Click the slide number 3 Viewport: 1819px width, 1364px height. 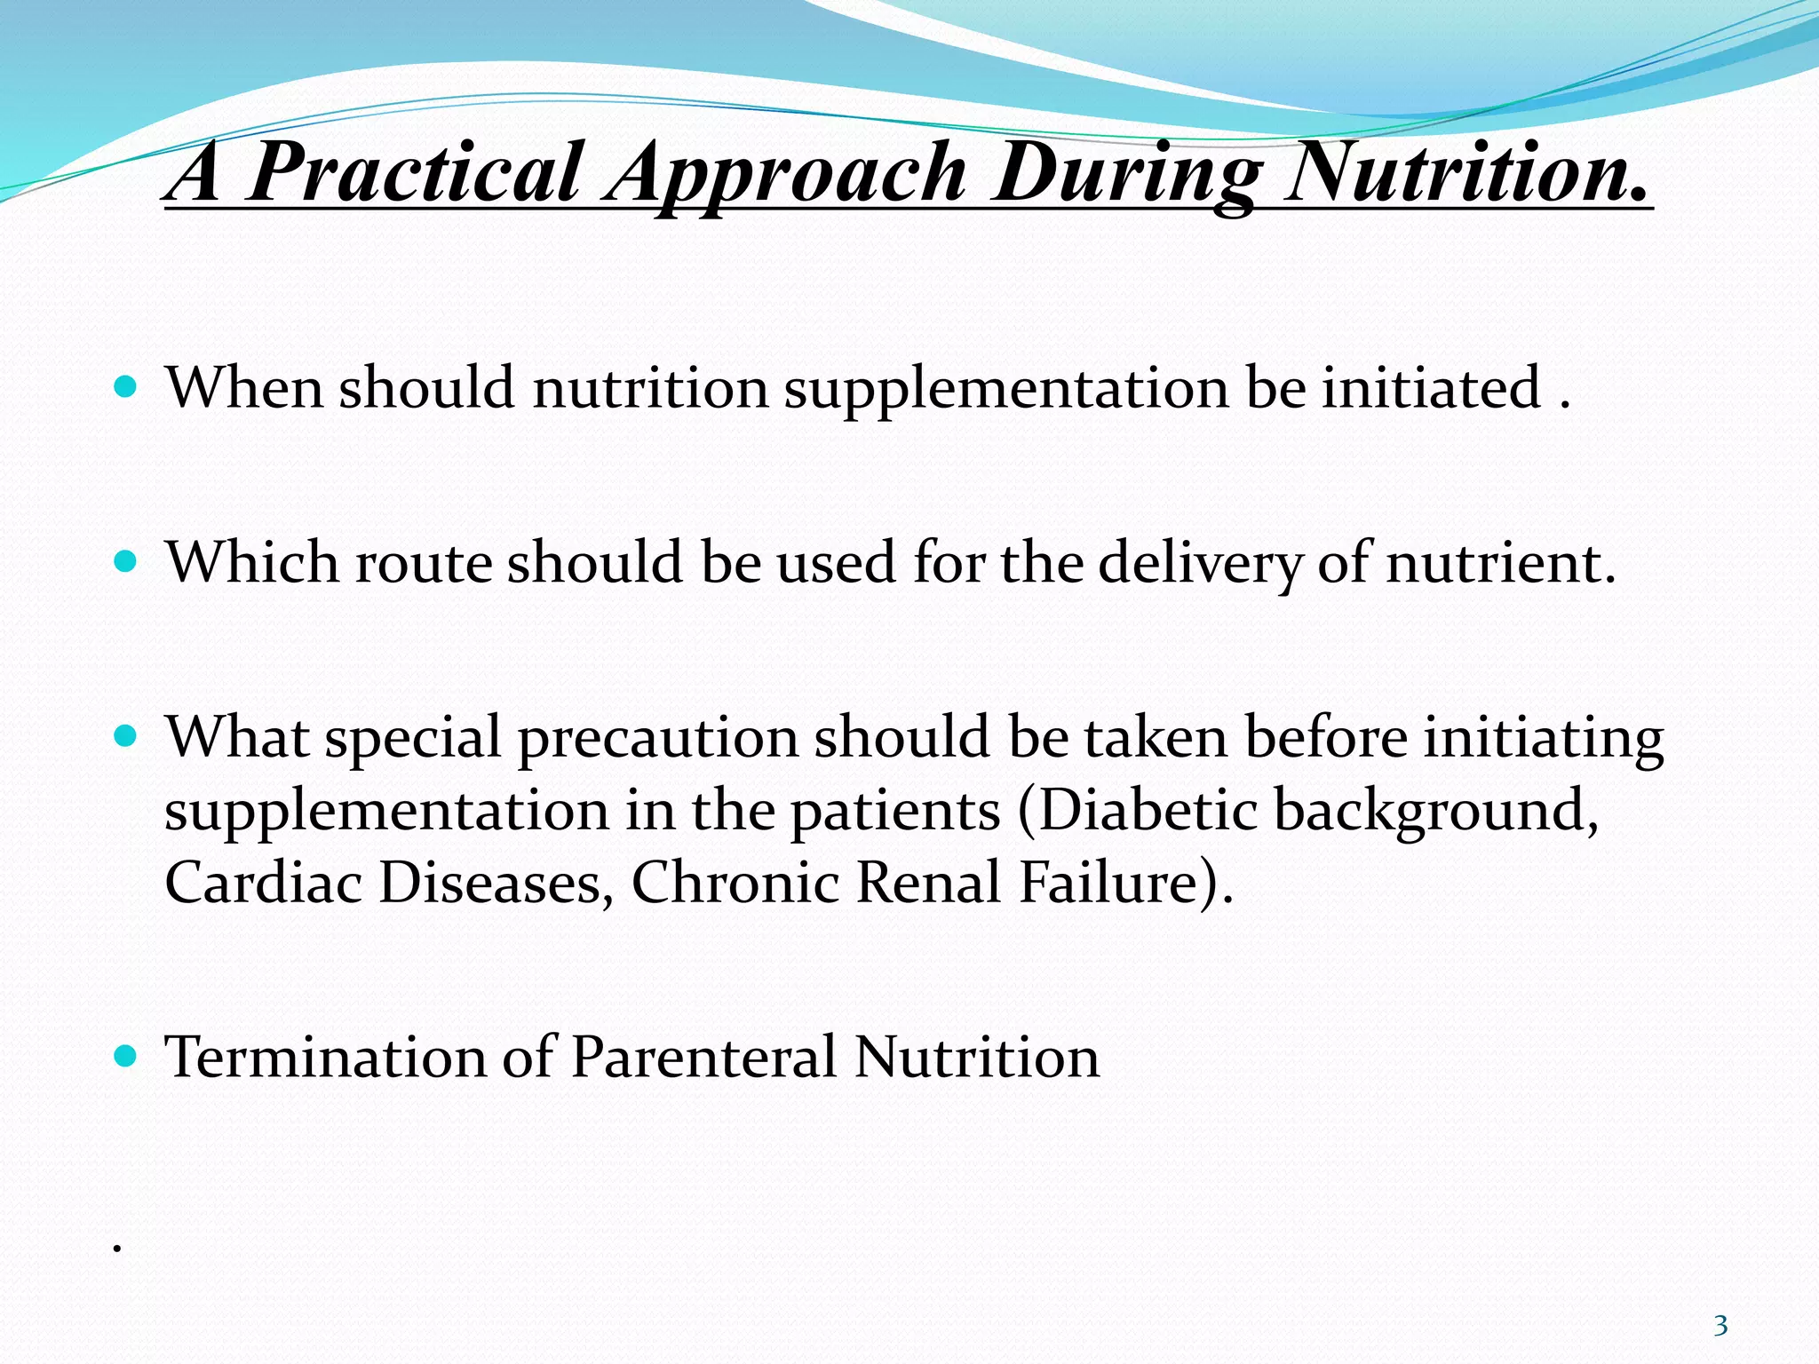[x=1720, y=1326]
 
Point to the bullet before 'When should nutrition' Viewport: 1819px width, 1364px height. [x=126, y=387]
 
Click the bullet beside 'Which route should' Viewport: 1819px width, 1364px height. [x=126, y=562]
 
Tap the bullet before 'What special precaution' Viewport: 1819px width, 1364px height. [x=126, y=736]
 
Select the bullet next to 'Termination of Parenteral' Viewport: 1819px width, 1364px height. [x=126, y=1056]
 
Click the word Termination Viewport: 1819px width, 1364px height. [x=325, y=1057]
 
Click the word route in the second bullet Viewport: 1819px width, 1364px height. [x=424, y=563]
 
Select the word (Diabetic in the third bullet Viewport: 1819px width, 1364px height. [x=1138, y=810]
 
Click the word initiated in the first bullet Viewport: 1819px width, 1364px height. [x=1431, y=387]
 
